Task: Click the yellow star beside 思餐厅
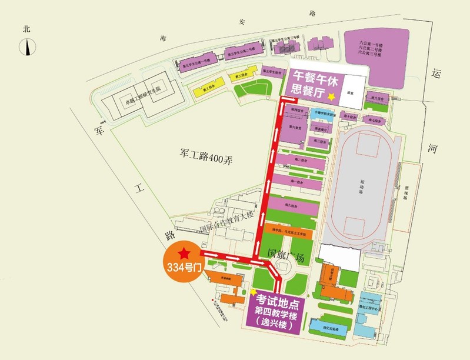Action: [333, 96]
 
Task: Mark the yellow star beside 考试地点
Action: [254, 291]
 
